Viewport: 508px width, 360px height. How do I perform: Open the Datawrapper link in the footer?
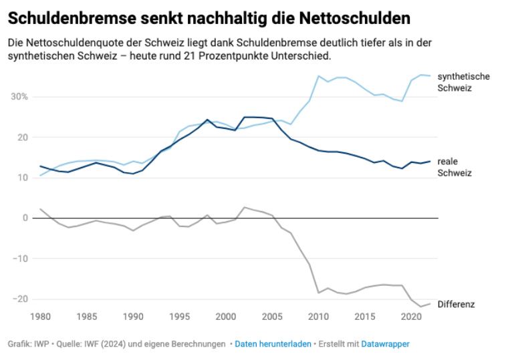tap(385, 344)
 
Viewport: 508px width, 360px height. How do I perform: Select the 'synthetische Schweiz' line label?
tap(463, 82)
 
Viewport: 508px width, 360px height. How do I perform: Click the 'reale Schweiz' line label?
tap(455, 167)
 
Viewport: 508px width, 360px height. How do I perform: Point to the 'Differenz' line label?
tap(456, 305)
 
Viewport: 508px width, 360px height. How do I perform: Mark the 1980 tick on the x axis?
tap(41, 315)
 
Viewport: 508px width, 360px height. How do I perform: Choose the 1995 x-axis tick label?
tap(180, 315)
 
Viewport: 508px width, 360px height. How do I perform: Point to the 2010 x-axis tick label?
tap(318, 315)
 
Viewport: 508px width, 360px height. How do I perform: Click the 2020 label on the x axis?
tap(410, 315)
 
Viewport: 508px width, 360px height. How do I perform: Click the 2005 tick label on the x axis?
tap(272, 315)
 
